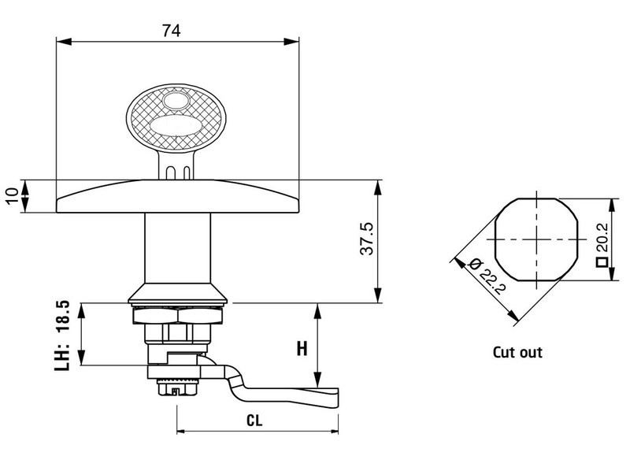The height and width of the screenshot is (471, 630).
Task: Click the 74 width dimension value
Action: (171, 31)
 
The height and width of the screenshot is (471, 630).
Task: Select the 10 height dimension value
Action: (11, 195)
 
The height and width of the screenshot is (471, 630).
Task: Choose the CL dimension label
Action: (254, 421)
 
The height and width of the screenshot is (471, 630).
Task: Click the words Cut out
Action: (517, 352)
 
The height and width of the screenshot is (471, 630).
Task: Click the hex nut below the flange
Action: (179, 316)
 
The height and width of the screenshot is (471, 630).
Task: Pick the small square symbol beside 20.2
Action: (601, 264)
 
